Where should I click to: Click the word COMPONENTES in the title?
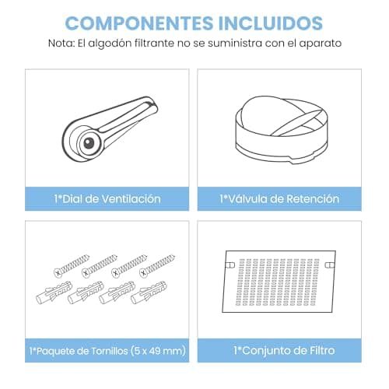(138, 23)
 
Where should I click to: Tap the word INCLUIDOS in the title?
(271, 23)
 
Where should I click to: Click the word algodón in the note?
(110, 44)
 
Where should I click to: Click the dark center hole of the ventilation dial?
(89, 143)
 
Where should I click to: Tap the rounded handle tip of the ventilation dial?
(152, 104)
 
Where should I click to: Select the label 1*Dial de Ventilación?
(107, 199)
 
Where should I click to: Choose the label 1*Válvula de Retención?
(279, 199)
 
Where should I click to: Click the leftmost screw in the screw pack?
(72, 265)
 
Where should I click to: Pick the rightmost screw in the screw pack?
(157, 265)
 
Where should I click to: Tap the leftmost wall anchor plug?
(54, 293)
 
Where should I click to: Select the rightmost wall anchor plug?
(149, 293)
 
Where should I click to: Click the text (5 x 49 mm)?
(158, 351)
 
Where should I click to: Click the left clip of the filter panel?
(230, 265)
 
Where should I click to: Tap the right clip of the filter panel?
(330, 265)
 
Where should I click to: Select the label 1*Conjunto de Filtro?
(284, 351)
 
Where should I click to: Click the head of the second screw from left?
(86, 273)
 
